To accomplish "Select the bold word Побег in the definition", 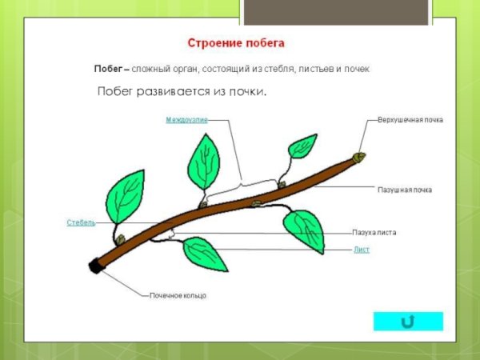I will coord(108,69).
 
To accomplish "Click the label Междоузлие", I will coord(186,119).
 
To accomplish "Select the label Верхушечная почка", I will coord(410,119).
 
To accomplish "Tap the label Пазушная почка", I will coord(405,190).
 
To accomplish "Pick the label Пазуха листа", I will coord(374,233).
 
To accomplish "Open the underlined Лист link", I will coord(362,250).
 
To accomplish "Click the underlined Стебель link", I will coord(81,222).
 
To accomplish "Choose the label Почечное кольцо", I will coord(178,295).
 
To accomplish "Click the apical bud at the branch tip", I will coord(360,157).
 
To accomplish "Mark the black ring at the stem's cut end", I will coord(97,266).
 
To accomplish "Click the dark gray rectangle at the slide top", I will coord(266,13).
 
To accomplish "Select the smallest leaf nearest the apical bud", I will coord(302,146).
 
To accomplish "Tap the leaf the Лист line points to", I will coord(304,230).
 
